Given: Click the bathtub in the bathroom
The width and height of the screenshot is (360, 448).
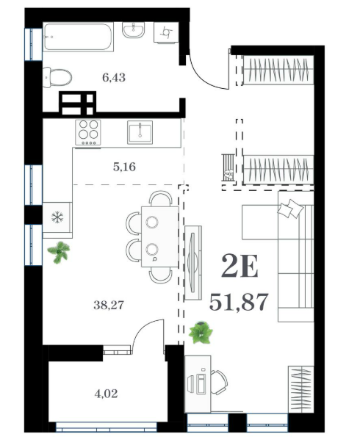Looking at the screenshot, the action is coord(78,37).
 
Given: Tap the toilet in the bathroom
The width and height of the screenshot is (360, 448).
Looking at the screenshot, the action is coord(57,77).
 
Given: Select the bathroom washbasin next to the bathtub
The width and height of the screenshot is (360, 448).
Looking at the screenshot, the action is coord(134,30).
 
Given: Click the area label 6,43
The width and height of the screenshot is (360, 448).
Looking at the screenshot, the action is coord(114,77).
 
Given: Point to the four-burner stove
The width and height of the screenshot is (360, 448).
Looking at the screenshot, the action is coord(88,132).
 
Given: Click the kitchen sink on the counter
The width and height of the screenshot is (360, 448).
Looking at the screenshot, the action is coord(140,132).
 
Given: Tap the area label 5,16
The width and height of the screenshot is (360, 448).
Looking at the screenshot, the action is coord(124,167).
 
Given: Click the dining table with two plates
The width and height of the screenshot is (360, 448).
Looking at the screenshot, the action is coord(159,237).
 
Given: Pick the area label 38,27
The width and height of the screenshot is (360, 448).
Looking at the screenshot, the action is coord(109,305).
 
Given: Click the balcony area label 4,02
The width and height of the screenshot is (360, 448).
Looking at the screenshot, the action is coord(106,394).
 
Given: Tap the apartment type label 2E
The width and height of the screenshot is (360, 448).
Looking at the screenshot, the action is coord(240,266).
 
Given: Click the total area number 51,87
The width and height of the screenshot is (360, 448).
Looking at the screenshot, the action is coord(239,302).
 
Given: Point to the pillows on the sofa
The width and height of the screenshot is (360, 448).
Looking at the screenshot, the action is coord(290,209).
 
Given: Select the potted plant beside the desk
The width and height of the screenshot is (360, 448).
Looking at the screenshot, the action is coord(201,332).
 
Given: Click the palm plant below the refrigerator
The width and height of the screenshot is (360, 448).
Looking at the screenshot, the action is coord(59,252).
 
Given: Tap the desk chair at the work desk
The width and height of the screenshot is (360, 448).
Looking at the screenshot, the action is coord(220,383).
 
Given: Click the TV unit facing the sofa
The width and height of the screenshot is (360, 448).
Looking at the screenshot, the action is coord(193,263).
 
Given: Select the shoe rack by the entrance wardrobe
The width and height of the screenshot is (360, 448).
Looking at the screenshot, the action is coord(228,167).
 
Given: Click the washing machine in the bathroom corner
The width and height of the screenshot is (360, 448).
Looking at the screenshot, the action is coord(166,32).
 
